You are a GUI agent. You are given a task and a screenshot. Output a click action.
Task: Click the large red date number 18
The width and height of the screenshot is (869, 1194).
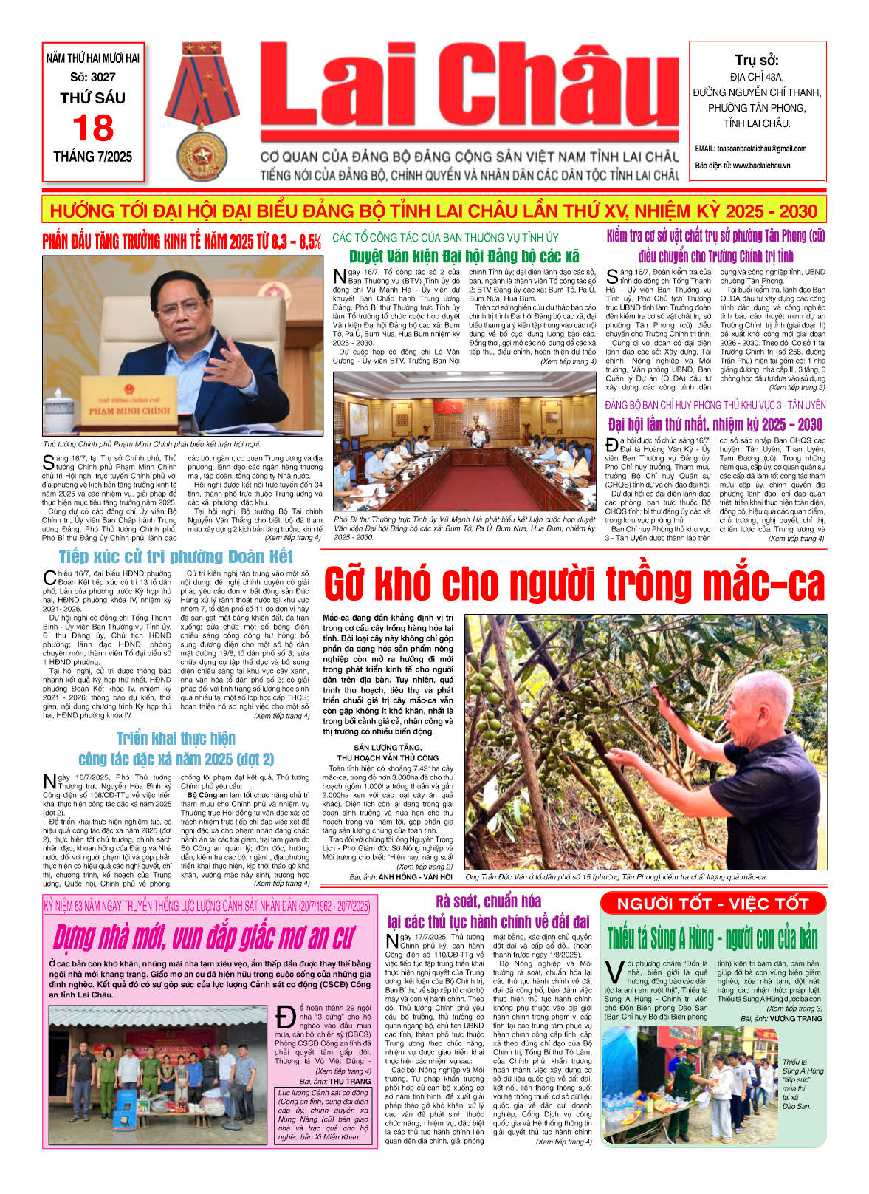coord(93,129)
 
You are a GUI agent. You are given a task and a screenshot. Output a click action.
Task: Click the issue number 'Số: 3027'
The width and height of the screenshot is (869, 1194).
coord(93,77)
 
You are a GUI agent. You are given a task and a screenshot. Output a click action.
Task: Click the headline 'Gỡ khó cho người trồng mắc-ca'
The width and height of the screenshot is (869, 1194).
coord(574,585)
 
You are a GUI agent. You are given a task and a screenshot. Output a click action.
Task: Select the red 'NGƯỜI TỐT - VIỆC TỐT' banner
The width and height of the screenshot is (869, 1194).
coord(712,903)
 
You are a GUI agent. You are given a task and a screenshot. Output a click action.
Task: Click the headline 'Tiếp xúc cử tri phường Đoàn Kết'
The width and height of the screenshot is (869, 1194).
coord(176,556)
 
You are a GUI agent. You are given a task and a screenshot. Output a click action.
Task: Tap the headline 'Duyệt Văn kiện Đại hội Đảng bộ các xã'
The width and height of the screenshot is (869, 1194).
coord(464,257)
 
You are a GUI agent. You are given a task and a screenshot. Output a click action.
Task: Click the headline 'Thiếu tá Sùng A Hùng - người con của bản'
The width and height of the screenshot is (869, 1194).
coord(712,938)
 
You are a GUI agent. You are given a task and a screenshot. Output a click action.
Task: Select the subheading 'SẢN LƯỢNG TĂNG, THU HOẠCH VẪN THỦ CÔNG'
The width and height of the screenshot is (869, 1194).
coord(388,753)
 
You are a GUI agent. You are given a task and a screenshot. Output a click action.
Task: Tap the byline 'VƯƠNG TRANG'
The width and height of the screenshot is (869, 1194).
coord(795,1019)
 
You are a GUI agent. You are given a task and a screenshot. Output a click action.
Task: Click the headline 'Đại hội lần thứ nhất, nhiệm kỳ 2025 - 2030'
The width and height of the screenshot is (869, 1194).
coord(715,425)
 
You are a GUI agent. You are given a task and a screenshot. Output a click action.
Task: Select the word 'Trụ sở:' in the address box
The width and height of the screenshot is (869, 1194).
coord(756,61)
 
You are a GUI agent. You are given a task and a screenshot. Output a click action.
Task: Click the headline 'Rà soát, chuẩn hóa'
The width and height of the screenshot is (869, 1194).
coord(488,901)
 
